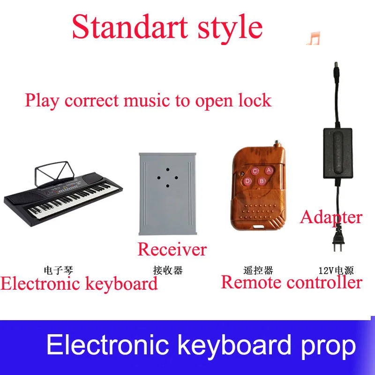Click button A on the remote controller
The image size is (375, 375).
point(269,171)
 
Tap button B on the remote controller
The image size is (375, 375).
point(262,181)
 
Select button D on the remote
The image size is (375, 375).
point(247,181)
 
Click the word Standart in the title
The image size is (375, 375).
point(130,26)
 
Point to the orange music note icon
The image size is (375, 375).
point(313,38)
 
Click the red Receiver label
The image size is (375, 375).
point(172,249)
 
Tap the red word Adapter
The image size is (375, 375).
point(331,217)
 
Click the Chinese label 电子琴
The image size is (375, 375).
point(58,270)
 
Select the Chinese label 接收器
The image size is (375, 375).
point(168,270)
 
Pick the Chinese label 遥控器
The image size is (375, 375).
point(258,270)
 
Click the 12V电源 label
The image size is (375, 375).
point(336,270)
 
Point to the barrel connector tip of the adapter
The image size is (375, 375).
point(336,65)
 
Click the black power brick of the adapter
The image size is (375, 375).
point(338,153)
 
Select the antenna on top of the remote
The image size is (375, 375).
point(277,144)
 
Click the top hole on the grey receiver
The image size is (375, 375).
point(168,170)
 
